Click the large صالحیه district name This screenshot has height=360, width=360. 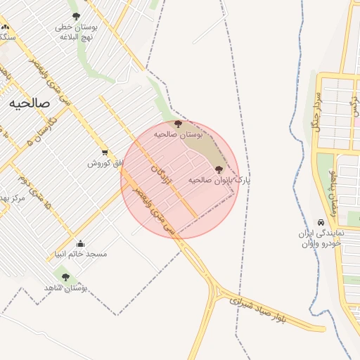30,103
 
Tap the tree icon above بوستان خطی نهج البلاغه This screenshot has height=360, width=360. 76,16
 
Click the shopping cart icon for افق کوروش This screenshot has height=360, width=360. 105,152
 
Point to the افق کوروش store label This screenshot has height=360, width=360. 105,163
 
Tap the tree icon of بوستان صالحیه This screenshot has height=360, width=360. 177,124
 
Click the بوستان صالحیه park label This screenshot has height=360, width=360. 178,134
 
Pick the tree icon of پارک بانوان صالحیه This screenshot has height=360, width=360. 218,169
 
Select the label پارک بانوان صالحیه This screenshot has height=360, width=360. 219,180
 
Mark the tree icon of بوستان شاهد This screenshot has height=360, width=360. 65,278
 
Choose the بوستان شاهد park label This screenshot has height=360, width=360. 65,288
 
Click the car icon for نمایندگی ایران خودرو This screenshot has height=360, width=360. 321,221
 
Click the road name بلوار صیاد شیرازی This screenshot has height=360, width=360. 271,309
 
